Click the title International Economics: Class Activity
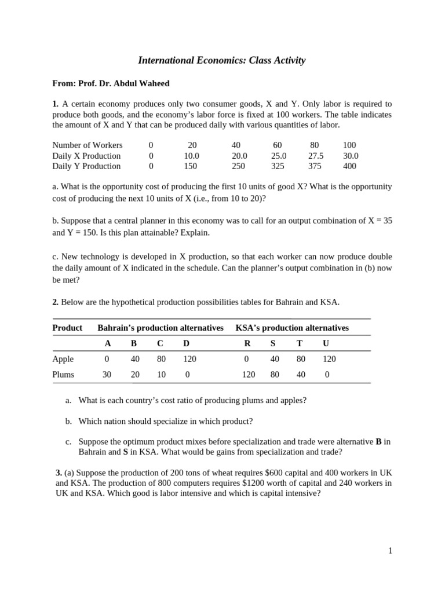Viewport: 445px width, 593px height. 221,60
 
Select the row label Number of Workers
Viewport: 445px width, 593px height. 87,145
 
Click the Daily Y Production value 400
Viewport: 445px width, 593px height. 349,166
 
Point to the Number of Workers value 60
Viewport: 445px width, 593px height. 277,145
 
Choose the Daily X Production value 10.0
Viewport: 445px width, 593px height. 191,156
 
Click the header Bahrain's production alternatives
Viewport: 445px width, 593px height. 161,328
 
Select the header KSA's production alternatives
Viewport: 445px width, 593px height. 292,328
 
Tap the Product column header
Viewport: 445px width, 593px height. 67,328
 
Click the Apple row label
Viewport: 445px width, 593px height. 63,359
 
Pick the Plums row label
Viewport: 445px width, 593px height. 63,375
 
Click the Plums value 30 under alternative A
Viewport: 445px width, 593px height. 107,375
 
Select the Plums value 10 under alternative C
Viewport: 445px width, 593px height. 161,375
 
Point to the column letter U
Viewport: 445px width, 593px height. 326,343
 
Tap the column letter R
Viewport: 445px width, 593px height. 247,343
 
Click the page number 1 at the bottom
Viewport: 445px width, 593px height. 391,551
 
